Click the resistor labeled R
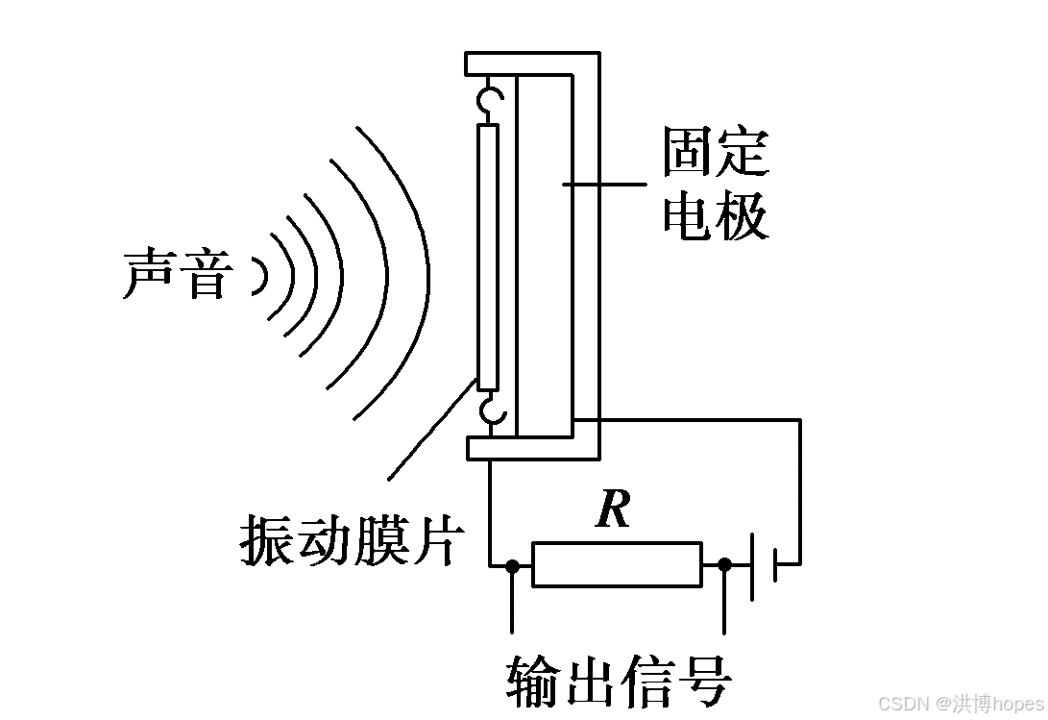pyautogui.click(x=617, y=564)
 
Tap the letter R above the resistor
pyautogui.click(x=613, y=509)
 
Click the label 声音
pyautogui.click(x=177, y=275)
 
